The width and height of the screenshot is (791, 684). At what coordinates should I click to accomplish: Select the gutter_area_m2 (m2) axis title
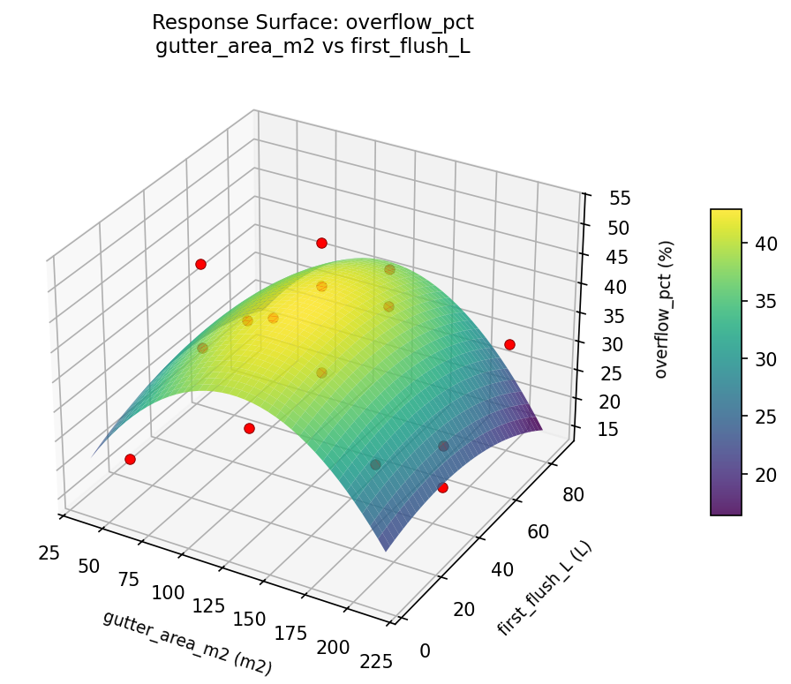click(187, 643)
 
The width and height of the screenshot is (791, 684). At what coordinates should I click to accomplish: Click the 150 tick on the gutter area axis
click(248, 619)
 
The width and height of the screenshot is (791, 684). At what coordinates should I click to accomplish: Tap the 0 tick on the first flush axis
click(426, 650)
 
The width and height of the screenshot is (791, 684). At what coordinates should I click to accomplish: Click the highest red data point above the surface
click(321, 243)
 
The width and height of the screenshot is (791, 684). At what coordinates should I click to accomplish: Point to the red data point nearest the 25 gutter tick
click(130, 459)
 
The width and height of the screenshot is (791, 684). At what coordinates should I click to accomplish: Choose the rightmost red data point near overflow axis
click(509, 344)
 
